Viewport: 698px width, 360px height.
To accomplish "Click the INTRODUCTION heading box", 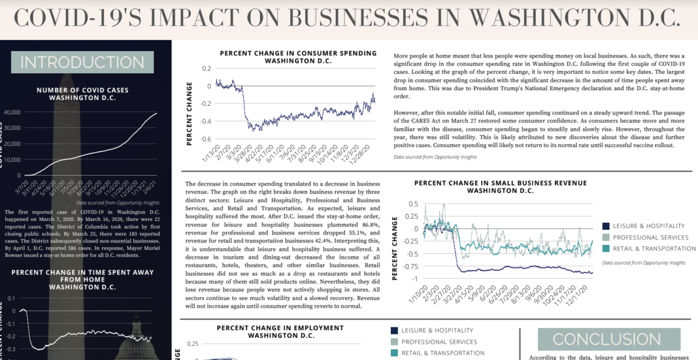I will [82, 63].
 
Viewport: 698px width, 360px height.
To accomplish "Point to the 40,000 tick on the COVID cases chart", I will [12, 112].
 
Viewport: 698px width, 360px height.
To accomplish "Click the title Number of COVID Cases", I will [83, 94].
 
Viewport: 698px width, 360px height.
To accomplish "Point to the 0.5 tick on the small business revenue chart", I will [413, 204].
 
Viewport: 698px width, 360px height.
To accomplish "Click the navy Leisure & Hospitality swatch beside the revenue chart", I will [606, 226].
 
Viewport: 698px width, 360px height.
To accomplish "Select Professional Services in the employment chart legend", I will [439, 342].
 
